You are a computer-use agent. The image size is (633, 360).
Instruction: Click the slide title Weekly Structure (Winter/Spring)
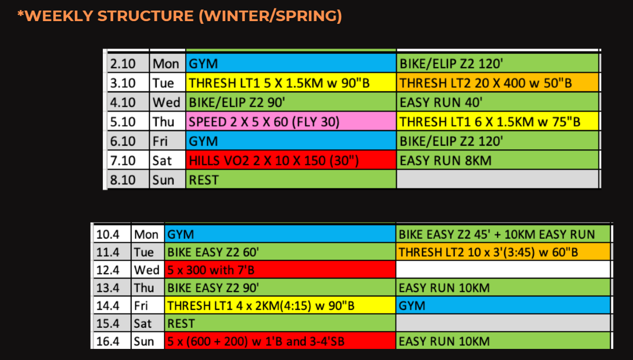pyautogui.click(x=180, y=16)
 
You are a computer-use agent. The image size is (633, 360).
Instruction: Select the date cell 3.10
pyautogui.click(x=128, y=82)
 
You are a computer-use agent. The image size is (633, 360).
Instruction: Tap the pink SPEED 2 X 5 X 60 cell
pyautogui.click(x=291, y=121)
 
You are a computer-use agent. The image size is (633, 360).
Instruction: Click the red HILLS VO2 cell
pyautogui.click(x=291, y=160)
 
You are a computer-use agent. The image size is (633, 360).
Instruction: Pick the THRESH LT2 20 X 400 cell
pyautogui.click(x=497, y=82)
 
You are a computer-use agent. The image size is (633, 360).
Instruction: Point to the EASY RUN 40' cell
pyautogui.click(x=497, y=102)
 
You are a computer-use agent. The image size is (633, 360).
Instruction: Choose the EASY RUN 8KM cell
pyautogui.click(x=497, y=160)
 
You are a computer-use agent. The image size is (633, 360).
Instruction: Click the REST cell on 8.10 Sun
pyautogui.click(x=291, y=179)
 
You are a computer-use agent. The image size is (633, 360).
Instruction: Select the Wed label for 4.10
pyautogui.click(x=167, y=102)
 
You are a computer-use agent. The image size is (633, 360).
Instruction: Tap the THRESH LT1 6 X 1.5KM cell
pyautogui.click(x=497, y=121)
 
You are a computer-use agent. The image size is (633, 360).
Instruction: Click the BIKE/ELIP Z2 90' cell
pyautogui.click(x=291, y=102)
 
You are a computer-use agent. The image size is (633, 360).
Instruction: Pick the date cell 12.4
pyautogui.click(x=112, y=270)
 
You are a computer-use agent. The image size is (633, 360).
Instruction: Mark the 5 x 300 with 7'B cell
pyautogui.click(x=280, y=270)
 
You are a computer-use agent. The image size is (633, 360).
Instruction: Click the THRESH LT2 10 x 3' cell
pyautogui.click(x=503, y=252)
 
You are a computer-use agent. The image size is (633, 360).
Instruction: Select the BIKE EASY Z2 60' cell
pyautogui.click(x=280, y=252)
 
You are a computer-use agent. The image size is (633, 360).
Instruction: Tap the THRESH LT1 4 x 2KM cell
pyautogui.click(x=280, y=306)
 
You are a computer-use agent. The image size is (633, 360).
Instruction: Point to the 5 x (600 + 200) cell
pyautogui.click(x=280, y=341)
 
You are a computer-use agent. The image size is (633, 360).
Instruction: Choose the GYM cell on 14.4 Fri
pyautogui.click(x=503, y=306)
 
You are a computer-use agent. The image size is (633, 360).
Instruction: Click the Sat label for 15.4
pyautogui.click(x=148, y=323)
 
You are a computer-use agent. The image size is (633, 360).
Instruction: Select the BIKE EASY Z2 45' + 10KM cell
pyautogui.click(x=503, y=234)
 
